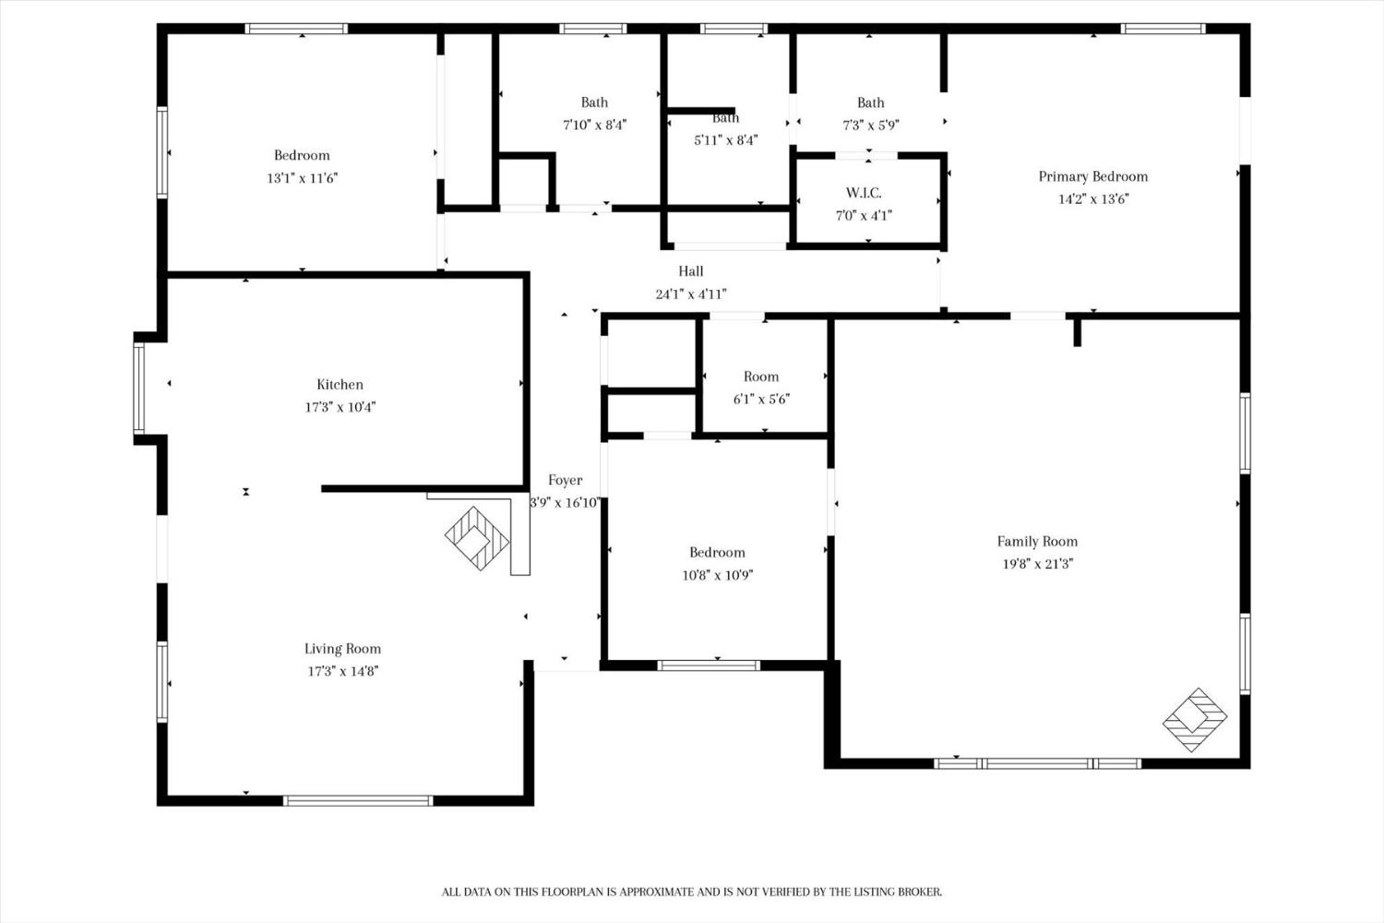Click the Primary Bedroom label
1093,177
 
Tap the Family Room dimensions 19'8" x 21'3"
1037,564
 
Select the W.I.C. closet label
864,193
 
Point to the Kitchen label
340,385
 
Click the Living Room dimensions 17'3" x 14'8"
343,671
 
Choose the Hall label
691,271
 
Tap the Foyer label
565,480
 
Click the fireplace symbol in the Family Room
1195,720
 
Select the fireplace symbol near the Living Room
477,538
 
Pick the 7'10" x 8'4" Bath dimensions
594,125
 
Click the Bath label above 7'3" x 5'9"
871,102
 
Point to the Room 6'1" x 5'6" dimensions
762,400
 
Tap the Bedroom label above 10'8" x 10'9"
717,553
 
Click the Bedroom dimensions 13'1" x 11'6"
302,179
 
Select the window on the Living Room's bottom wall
358,801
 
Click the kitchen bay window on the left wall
139,389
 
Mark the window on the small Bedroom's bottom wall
709,665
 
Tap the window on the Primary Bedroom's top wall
1163,29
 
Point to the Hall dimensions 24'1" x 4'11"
691,294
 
